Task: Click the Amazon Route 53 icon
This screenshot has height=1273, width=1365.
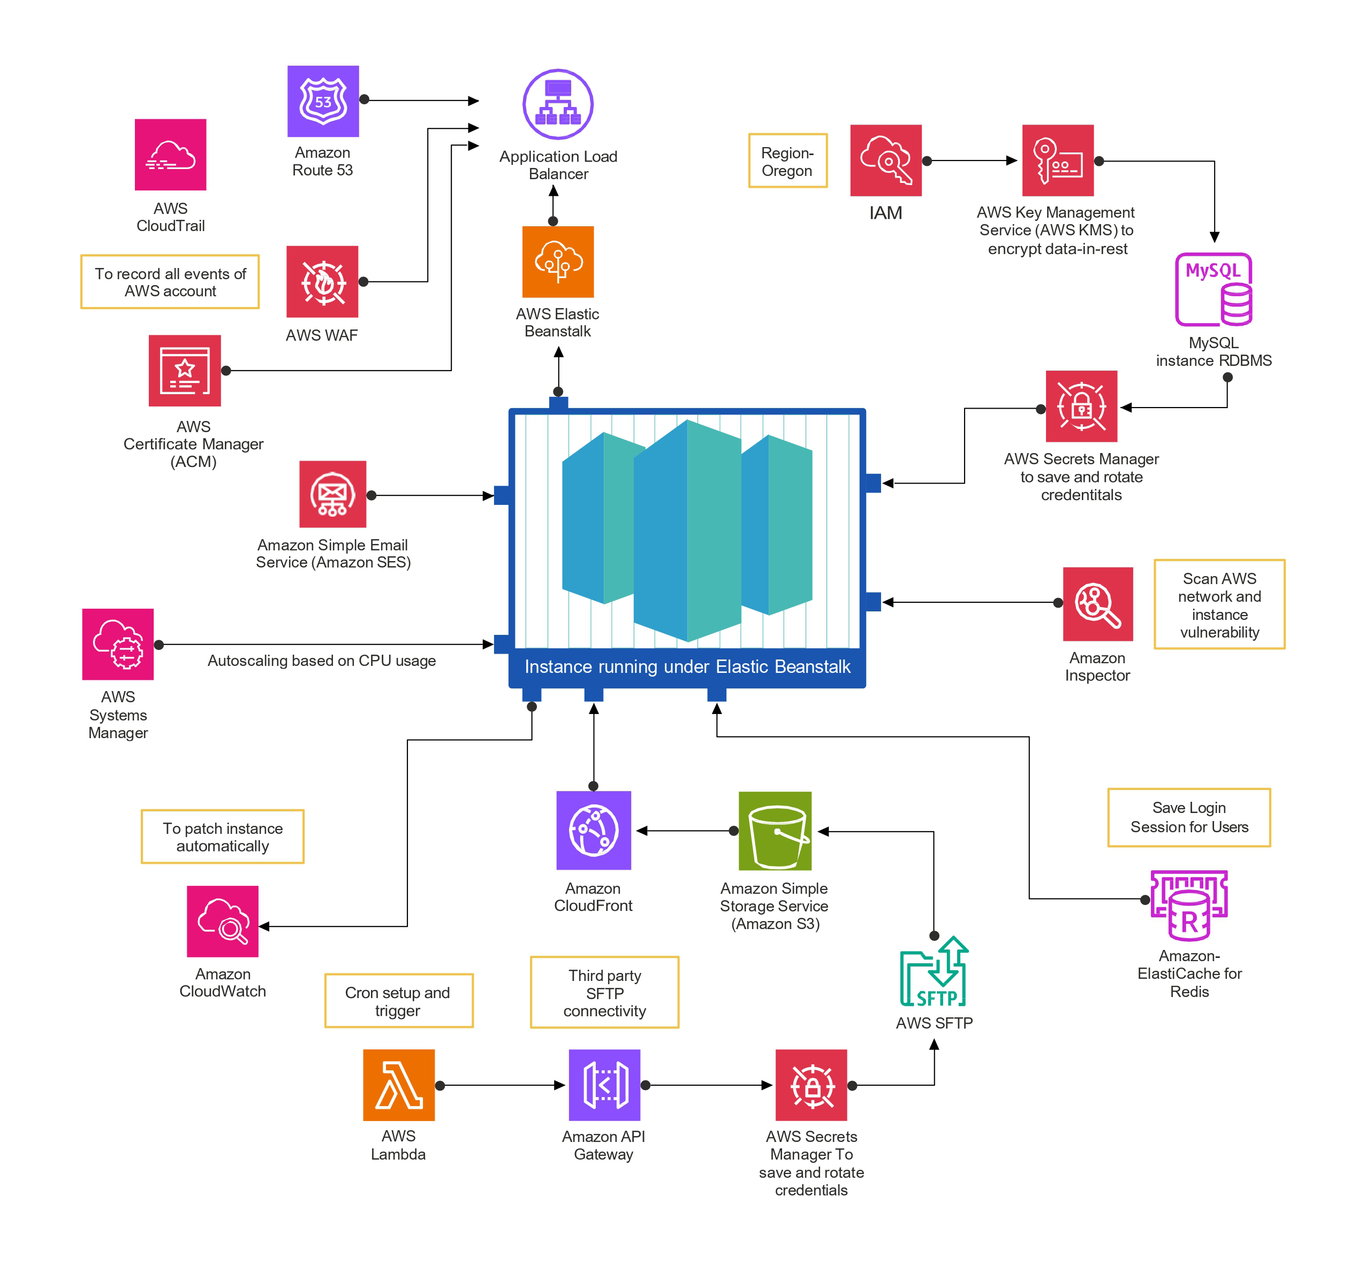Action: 323,102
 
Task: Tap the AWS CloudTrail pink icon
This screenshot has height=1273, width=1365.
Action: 170,155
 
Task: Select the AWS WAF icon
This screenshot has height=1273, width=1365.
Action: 322,281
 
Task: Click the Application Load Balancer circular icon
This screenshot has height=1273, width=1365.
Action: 558,104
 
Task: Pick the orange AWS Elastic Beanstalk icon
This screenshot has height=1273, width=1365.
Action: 558,262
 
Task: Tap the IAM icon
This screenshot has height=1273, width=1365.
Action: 886,160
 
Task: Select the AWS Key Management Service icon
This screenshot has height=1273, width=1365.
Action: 1057,160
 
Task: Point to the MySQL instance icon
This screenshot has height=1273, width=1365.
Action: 1214,289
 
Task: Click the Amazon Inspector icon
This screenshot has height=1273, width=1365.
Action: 1097,604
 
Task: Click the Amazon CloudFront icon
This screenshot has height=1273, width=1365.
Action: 593,830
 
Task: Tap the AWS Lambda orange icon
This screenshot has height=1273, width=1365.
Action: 398,1085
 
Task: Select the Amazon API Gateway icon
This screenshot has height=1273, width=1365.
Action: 604,1085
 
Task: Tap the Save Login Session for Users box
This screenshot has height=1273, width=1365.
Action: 1188,817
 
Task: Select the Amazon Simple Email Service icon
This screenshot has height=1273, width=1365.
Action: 332,494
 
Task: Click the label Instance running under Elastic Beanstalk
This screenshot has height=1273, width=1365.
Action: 687,666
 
